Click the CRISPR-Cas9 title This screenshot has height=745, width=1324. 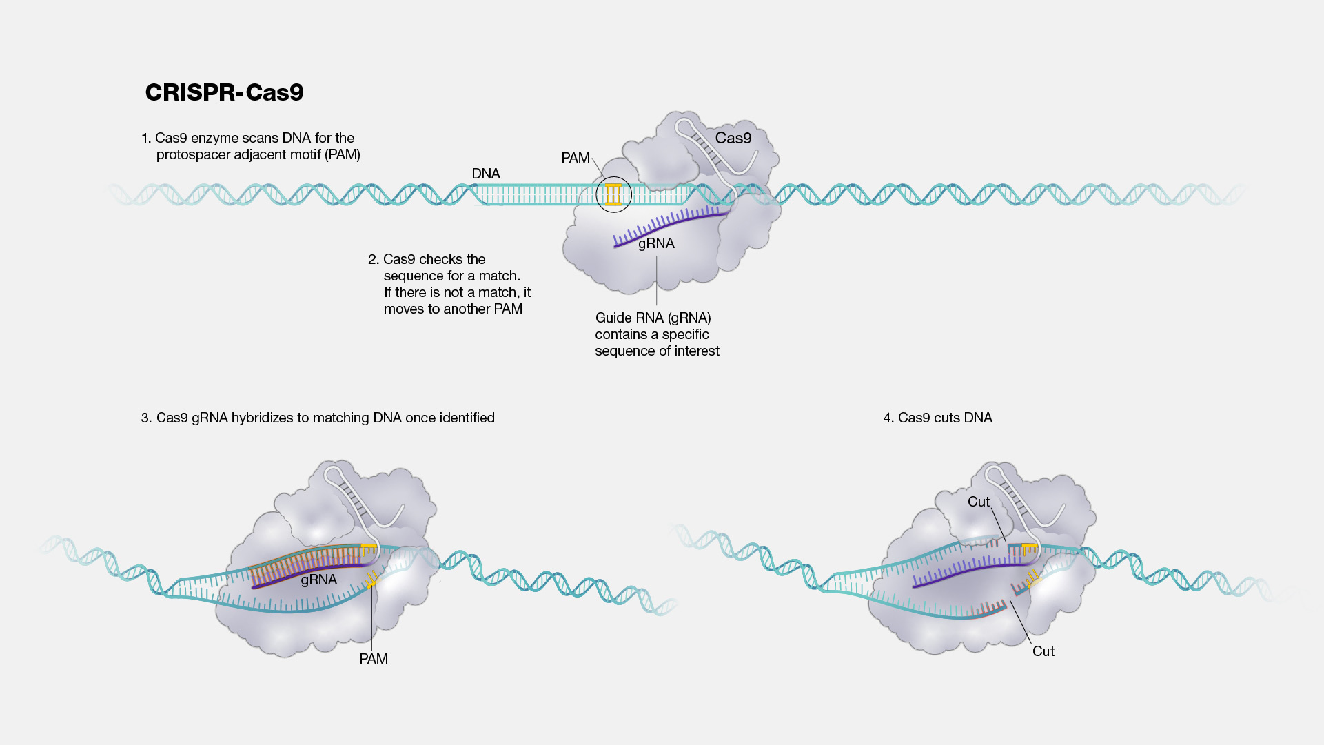coord(224,92)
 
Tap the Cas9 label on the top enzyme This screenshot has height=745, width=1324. coord(733,138)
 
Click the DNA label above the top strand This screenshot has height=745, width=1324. coord(486,174)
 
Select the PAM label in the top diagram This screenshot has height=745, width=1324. coord(576,158)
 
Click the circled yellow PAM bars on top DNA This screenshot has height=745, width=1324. coord(613,194)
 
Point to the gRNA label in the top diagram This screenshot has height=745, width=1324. coord(656,243)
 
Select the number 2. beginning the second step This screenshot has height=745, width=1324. coord(374,259)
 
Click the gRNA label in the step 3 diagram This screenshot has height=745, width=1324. coord(318,580)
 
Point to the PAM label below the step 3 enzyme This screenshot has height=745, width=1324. coord(374,659)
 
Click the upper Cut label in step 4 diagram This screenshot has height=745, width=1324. coord(978,502)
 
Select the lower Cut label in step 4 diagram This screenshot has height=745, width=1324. coord(1043,651)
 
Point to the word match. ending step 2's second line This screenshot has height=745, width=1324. coord(500,276)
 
